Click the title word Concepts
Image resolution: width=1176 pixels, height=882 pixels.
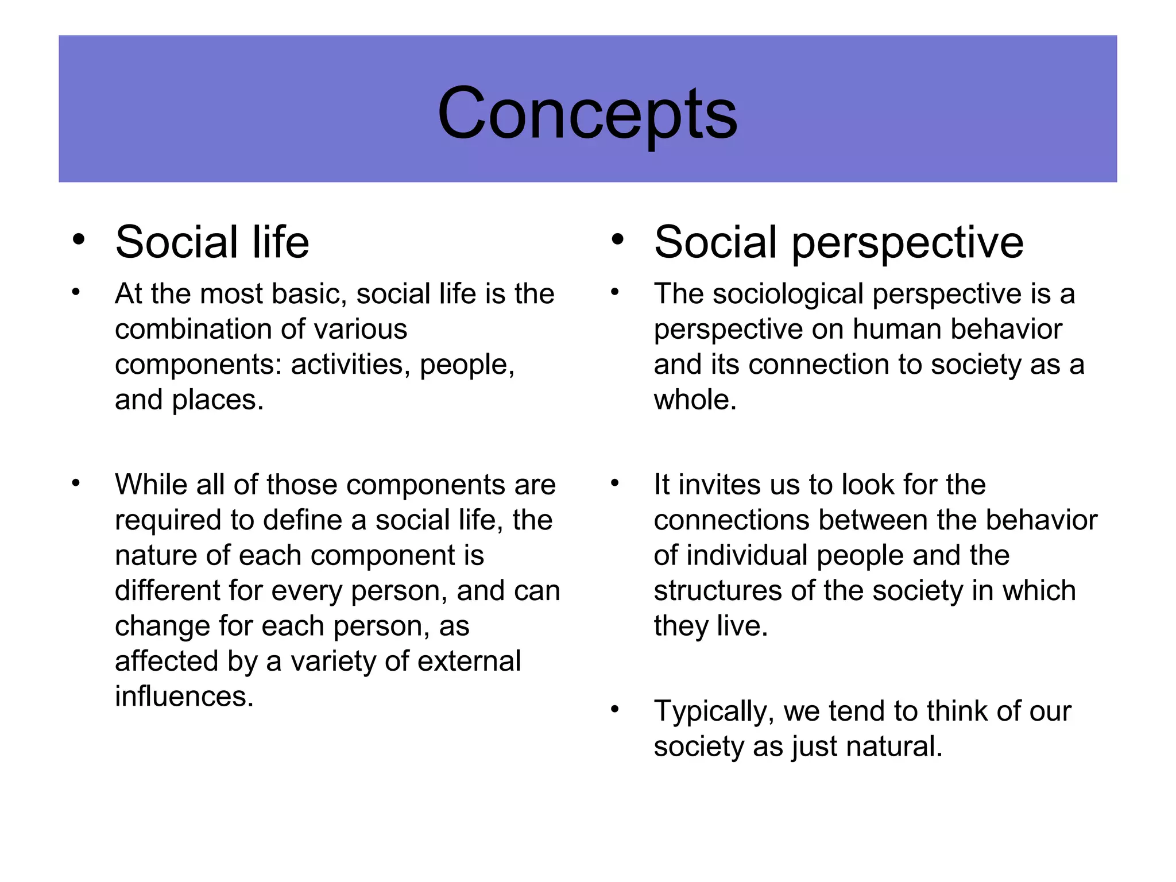587,114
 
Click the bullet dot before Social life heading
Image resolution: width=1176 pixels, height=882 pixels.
79,239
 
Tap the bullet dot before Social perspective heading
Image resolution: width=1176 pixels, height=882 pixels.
617,239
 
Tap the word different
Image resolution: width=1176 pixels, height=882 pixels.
167,590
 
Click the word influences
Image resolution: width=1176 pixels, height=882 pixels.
184,697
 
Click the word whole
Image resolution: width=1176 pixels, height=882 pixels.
695,400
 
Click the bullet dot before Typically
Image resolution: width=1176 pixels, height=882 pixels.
615,710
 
